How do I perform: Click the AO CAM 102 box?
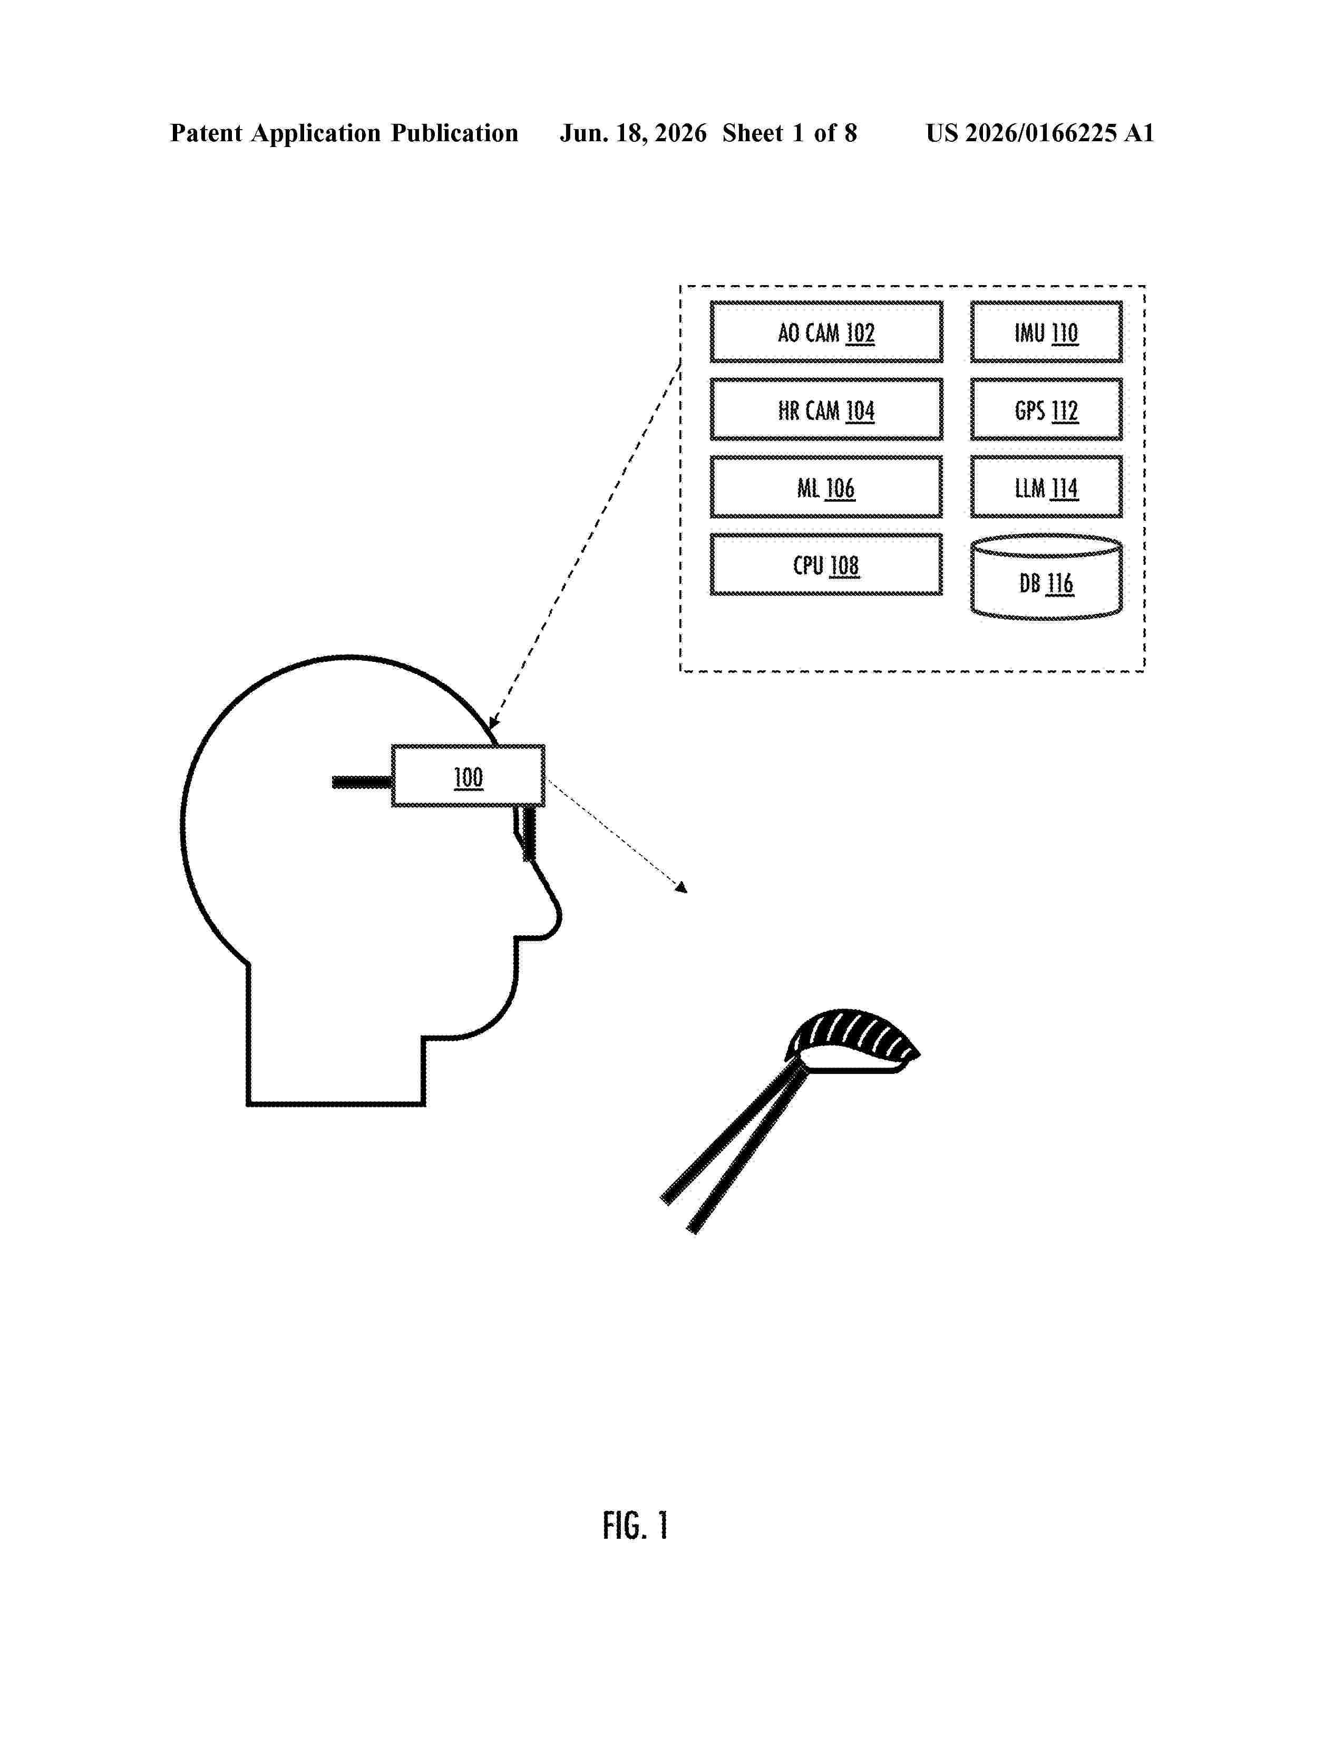click(826, 331)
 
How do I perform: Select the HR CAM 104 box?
click(826, 409)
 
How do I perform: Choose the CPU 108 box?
click(826, 564)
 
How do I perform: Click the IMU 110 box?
click(1046, 331)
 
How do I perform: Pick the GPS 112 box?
click(1046, 409)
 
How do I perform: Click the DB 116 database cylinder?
click(1046, 577)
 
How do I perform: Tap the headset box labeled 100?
click(468, 776)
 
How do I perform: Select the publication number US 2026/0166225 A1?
click(1040, 133)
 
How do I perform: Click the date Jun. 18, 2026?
click(633, 133)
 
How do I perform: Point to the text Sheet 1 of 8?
click(790, 133)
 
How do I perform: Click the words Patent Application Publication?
click(344, 133)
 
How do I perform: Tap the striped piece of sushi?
click(852, 1041)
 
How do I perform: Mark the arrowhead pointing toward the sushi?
click(681, 886)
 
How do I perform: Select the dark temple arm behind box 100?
click(362, 783)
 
